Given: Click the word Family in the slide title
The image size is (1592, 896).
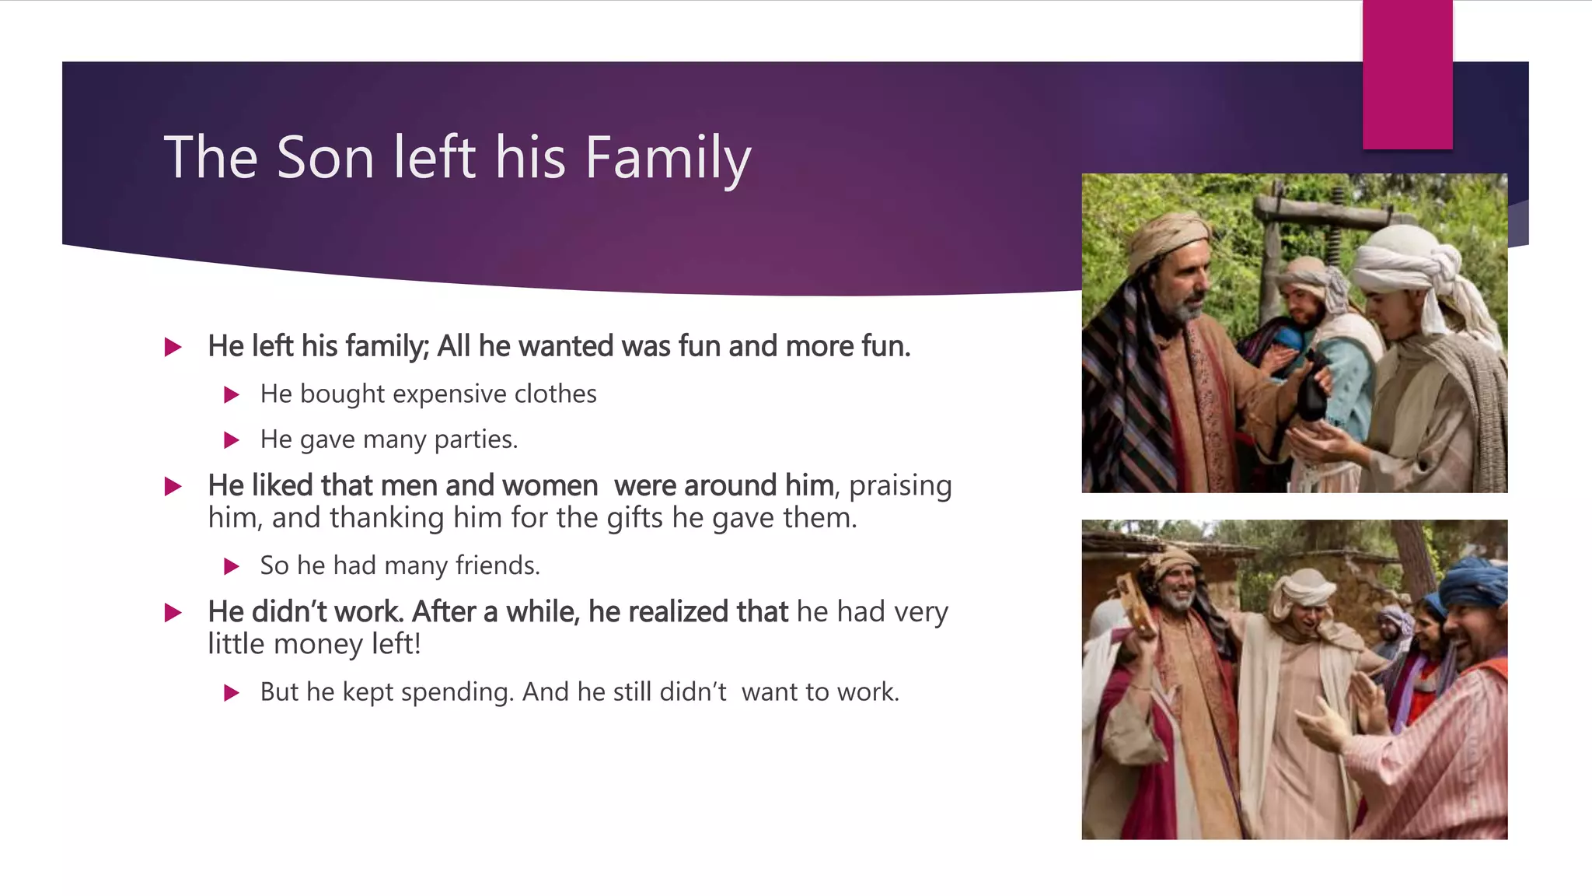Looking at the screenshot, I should point(668,158).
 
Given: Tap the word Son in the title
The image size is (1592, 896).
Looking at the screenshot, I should point(325,158).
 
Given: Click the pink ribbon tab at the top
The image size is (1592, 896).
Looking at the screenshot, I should point(1407,75).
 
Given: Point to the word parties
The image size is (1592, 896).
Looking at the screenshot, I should point(476,439).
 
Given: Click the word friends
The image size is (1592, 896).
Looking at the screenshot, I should point(497,565).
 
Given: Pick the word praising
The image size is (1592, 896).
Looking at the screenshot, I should point(900,486).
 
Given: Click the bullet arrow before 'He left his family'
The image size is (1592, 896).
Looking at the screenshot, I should point(173,347).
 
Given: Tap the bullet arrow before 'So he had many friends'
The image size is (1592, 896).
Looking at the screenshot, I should point(231,566).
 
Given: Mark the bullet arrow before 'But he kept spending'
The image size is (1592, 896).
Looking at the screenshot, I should point(231,693).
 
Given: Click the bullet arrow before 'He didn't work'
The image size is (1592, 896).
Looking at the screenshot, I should point(173,613).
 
